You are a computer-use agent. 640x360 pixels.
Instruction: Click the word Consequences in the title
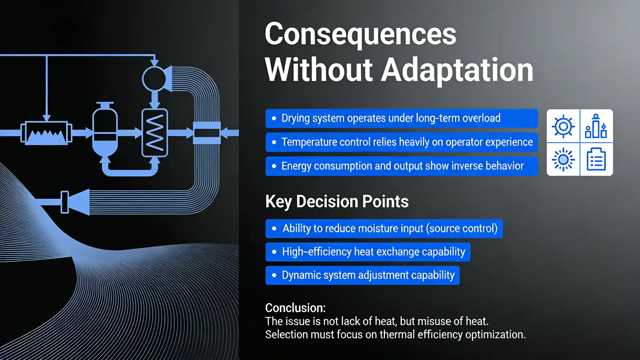point(360,35)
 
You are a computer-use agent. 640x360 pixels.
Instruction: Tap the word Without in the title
point(318,70)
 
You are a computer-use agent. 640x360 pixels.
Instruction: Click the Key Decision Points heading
point(337,202)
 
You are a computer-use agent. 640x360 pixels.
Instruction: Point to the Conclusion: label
point(295,308)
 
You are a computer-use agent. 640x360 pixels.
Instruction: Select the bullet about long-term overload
point(401,118)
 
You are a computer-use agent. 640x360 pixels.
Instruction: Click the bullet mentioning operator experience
point(401,142)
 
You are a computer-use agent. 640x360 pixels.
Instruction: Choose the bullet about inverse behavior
point(401,166)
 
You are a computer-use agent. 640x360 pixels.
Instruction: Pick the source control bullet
point(384,228)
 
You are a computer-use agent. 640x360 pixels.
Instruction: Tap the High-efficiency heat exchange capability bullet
point(368,252)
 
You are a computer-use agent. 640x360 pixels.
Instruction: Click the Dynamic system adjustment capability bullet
point(362,275)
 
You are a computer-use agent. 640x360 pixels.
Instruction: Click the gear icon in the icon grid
point(563,126)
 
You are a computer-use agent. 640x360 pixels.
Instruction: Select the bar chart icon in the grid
point(596,126)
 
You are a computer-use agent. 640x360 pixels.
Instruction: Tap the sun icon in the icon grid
point(563,160)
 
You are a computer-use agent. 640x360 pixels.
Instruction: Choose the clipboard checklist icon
point(596,159)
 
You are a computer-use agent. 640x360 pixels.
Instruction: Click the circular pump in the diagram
point(154,79)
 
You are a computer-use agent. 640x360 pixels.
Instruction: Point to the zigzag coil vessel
point(155,132)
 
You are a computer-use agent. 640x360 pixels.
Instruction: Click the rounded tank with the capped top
point(105,130)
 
